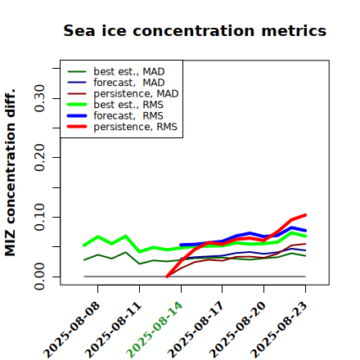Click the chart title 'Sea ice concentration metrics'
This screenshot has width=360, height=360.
[x=195, y=30]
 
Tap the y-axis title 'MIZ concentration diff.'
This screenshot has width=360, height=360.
[x=10, y=173]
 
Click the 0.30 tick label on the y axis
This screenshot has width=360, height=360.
[x=40, y=98]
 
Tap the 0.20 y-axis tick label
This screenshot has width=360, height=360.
[x=40, y=158]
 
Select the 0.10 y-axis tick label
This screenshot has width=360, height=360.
[x=40, y=217]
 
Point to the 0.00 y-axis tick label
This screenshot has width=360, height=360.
[x=40, y=277]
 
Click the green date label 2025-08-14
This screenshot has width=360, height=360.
[x=155, y=330]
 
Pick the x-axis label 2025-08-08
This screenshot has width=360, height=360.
[x=72, y=330]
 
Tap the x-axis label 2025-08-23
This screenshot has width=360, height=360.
[x=279, y=330]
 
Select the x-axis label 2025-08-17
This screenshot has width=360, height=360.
[x=196, y=330]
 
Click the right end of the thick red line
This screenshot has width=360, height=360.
[x=305, y=215]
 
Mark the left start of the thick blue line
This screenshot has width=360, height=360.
[x=181, y=245]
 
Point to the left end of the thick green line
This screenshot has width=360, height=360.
[x=84, y=245]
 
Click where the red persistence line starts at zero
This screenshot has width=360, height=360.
[x=167, y=277]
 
